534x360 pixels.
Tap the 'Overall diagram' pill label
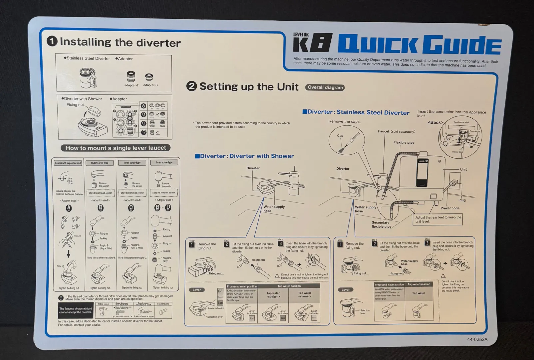point(325,87)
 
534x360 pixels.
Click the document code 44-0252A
point(477,339)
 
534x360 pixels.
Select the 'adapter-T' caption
point(131,85)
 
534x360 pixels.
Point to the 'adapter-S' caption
point(150,85)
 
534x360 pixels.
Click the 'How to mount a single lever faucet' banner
point(116,148)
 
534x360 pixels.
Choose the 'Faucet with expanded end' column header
point(68,163)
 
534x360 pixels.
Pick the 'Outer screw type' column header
point(100,163)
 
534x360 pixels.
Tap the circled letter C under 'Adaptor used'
point(131,208)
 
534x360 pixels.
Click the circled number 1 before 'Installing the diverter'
point(52,41)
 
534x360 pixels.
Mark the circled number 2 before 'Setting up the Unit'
point(191,86)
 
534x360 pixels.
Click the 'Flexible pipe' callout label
point(404,142)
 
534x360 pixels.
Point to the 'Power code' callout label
point(450,208)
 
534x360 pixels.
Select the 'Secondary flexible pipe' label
point(381,224)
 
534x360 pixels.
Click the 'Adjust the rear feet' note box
point(438,219)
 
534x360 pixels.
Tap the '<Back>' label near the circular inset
point(435,122)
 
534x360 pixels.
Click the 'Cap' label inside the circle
point(340,136)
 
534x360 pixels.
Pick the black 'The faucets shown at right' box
point(75,310)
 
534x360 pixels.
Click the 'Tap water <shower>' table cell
point(305,295)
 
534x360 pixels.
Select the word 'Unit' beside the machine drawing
point(463,169)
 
